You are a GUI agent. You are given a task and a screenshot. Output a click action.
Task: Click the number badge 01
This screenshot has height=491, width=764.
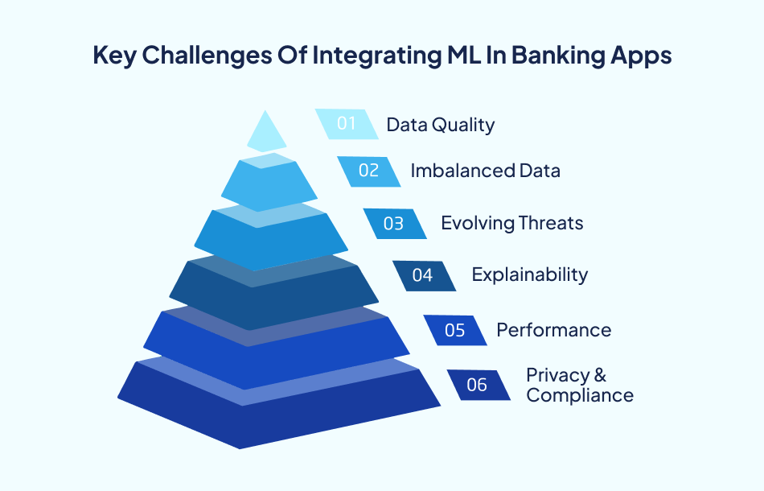coord(346,124)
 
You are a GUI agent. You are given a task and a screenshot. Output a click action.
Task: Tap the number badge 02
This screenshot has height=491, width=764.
coord(368,171)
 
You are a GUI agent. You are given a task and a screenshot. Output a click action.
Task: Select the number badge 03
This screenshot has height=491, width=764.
coord(394,223)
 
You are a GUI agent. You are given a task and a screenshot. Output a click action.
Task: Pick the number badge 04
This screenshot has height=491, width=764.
coord(423,275)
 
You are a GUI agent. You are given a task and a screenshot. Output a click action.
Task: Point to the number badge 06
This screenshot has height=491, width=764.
coord(478,385)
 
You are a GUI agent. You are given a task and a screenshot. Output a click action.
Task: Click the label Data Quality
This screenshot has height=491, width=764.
coord(440,125)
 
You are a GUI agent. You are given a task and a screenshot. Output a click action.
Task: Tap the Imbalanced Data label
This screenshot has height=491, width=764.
coord(485,171)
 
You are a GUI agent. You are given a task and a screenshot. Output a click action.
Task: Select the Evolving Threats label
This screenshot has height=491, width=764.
coord(511,223)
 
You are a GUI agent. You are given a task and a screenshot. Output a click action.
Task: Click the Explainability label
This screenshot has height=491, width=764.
coord(529,274)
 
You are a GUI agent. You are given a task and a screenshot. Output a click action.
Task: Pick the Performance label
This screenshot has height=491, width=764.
coord(553,330)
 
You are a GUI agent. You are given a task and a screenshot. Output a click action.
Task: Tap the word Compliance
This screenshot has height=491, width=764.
coord(579,395)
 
